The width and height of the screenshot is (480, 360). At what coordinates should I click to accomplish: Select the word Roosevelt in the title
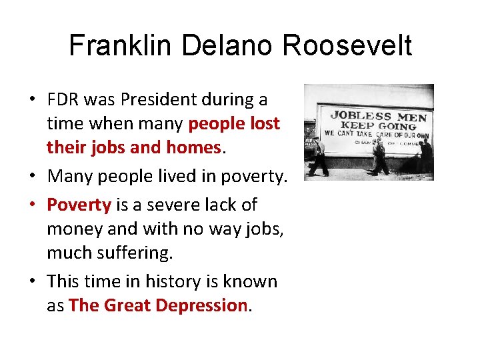(348, 46)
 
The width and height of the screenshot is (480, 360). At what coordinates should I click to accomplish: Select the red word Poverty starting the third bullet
(79, 204)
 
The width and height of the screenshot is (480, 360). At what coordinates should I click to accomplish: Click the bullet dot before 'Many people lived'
(31, 177)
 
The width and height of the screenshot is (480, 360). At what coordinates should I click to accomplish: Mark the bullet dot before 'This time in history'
(31, 282)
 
